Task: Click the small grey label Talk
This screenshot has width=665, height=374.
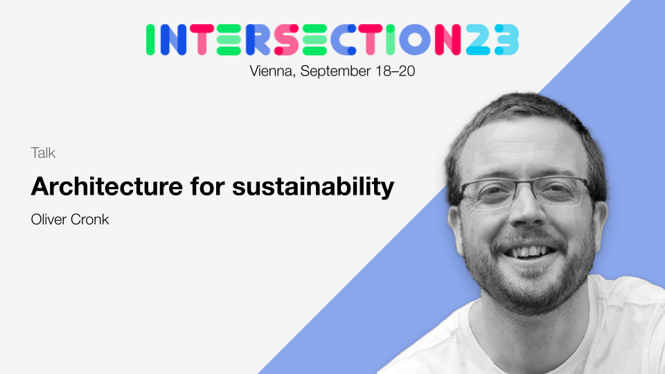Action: coord(43,153)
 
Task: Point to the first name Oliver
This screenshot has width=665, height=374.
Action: coord(49,220)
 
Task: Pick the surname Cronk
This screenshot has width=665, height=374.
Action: coord(90,220)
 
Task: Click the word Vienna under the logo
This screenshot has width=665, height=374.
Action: coord(271,71)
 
